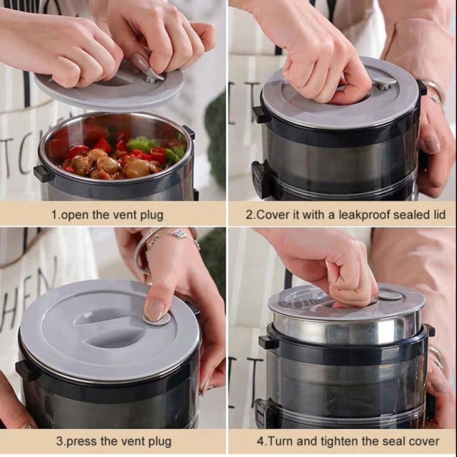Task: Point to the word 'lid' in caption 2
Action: tap(438, 215)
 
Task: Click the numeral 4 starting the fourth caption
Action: tap(260, 441)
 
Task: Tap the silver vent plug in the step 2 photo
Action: tap(384, 84)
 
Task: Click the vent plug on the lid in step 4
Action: tap(390, 296)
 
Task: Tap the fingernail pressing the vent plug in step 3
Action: tap(154, 311)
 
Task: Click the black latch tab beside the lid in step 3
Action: tap(25, 371)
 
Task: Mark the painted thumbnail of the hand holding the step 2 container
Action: tap(432, 144)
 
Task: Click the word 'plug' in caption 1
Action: tap(151, 215)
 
